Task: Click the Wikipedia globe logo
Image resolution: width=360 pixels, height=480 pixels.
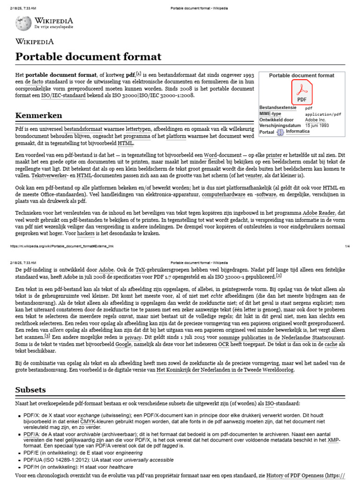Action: (23, 23)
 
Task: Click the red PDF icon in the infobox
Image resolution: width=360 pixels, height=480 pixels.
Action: (301, 92)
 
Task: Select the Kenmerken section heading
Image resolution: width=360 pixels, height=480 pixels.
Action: (39, 115)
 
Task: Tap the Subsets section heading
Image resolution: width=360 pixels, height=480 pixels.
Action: (31, 390)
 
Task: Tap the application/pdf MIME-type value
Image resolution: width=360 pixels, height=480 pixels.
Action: (323, 114)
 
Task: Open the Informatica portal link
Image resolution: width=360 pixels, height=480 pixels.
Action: (298, 132)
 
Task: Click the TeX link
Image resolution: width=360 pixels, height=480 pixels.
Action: (137, 270)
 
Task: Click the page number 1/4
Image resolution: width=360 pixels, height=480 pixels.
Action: (347, 246)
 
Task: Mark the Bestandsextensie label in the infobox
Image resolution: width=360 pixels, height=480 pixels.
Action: (278, 107)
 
